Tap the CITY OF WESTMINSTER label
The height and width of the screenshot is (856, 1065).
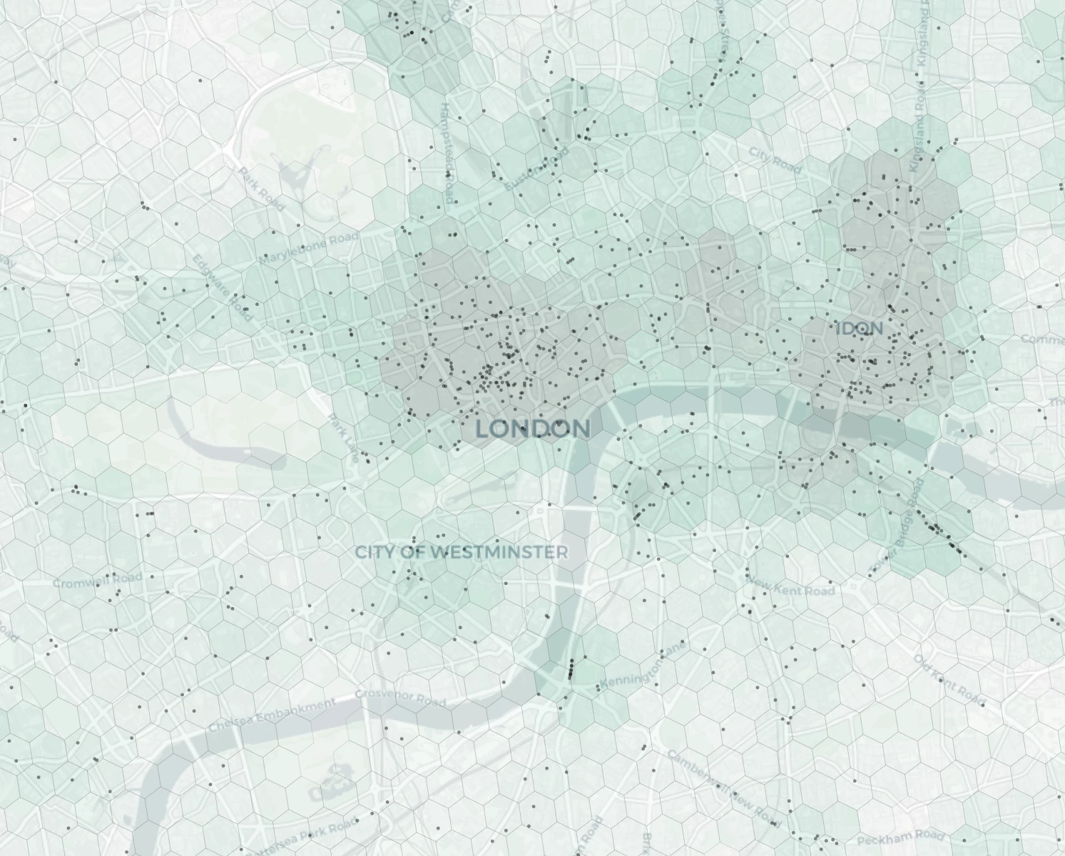[462, 552]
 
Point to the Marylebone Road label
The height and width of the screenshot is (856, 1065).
[309, 249]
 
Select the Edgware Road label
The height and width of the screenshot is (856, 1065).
[222, 287]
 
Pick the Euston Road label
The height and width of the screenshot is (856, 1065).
[537, 169]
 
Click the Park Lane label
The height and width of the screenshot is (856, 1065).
[344, 438]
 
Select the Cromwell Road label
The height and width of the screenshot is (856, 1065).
[98, 580]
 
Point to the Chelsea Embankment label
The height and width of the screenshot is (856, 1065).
[272, 715]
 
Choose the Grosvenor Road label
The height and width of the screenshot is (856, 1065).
[400, 697]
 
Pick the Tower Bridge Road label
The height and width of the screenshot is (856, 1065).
[897, 526]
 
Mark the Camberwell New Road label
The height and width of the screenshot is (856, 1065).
[724, 784]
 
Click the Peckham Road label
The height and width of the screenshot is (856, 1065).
[901, 837]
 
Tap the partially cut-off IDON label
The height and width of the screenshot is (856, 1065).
[860, 329]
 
